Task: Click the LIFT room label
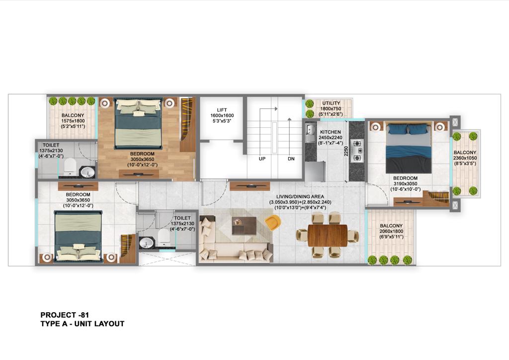tap(222, 110)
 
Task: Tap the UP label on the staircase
tap(262, 159)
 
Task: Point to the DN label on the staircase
tap(291, 159)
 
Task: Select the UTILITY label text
tap(331, 103)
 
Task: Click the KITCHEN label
tap(331, 132)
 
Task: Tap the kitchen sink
tap(310, 130)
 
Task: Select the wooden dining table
tap(328, 235)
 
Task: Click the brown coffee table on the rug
tap(244, 225)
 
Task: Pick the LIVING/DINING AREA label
tap(300, 197)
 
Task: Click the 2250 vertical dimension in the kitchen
tap(346, 151)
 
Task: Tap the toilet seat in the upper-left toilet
tap(70, 166)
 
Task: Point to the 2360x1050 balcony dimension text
tap(465, 158)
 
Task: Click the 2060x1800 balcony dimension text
tap(391, 231)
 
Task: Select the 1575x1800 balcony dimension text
tap(73, 121)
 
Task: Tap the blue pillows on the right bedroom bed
tap(408, 129)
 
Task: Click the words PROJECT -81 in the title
tap(65, 315)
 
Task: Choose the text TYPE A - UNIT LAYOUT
tap(83, 324)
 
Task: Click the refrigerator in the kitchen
tap(315, 172)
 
